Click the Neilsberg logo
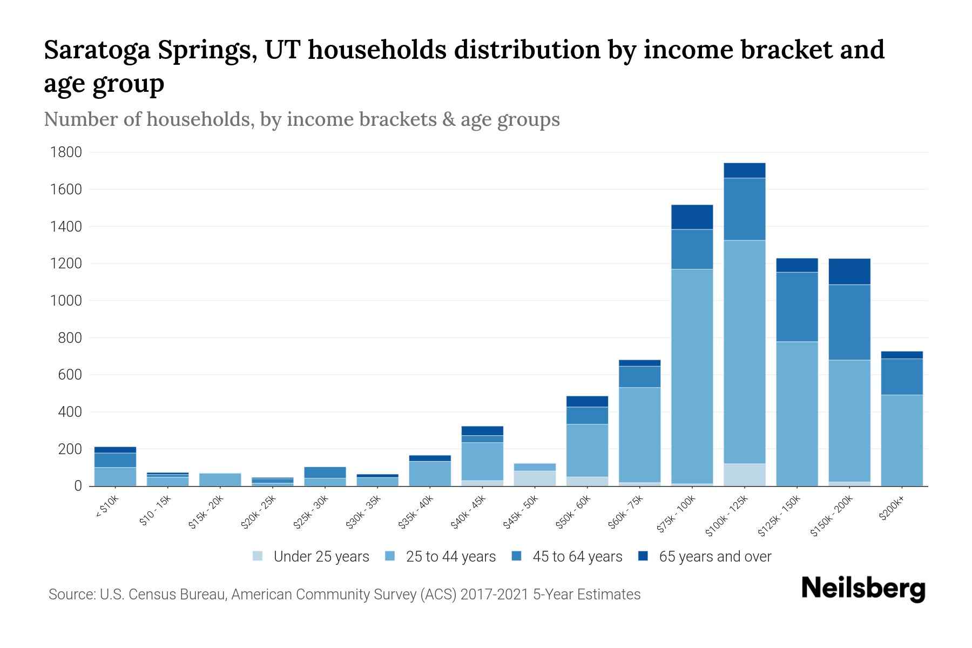coord(863,589)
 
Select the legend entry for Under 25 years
coord(311,557)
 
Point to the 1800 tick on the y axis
coord(66,152)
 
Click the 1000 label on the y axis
coord(66,301)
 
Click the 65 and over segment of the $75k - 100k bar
coord(692,217)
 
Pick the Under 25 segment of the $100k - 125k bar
coord(745,475)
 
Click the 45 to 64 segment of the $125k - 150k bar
coord(796,307)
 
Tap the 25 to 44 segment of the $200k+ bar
coord(901,440)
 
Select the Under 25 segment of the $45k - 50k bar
coord(535,478)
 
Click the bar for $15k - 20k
coord(220,480)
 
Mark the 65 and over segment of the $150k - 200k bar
coord(849,272)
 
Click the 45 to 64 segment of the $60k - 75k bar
coord(639,377)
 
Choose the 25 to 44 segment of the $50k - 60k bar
coord(587,450)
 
